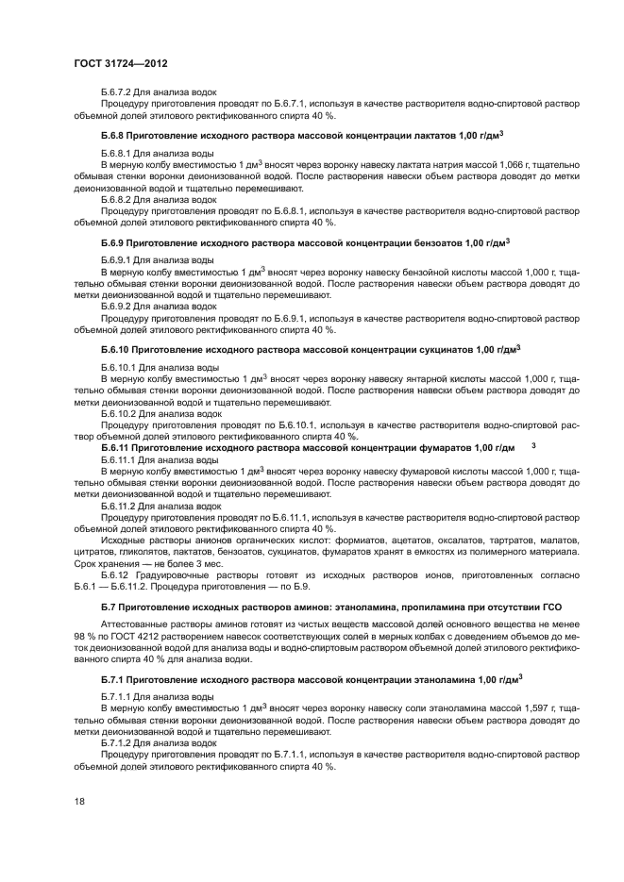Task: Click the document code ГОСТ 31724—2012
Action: click(120, 62)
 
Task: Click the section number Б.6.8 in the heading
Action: click(111, 137)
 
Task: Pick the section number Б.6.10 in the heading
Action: click(114, 350)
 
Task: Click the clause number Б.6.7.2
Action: click(117, 92)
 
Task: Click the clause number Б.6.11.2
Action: click(120, 505)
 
